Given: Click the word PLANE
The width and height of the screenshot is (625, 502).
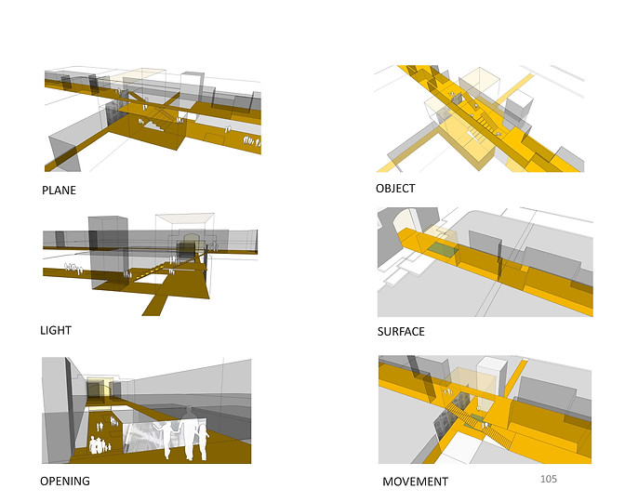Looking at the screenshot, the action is [59, 190].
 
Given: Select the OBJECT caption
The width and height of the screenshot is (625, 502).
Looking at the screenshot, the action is [395, 189].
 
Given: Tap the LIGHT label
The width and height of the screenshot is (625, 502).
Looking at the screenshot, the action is [56, 330].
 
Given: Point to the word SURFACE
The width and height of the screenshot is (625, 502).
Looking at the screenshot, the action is [401, 332].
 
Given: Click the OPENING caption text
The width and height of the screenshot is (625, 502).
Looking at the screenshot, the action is [65, 481].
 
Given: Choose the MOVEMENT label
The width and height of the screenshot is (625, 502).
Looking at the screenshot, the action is [416, 482].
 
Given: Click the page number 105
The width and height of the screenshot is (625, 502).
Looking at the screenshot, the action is [549, 479].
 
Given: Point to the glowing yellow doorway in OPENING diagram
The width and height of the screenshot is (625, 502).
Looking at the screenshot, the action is [100, 388].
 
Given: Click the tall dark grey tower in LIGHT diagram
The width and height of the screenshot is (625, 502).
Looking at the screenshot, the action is [109, 253].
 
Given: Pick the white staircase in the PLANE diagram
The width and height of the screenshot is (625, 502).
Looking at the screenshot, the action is [153, 125].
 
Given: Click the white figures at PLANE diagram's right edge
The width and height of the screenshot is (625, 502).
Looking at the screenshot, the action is [252, 141].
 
